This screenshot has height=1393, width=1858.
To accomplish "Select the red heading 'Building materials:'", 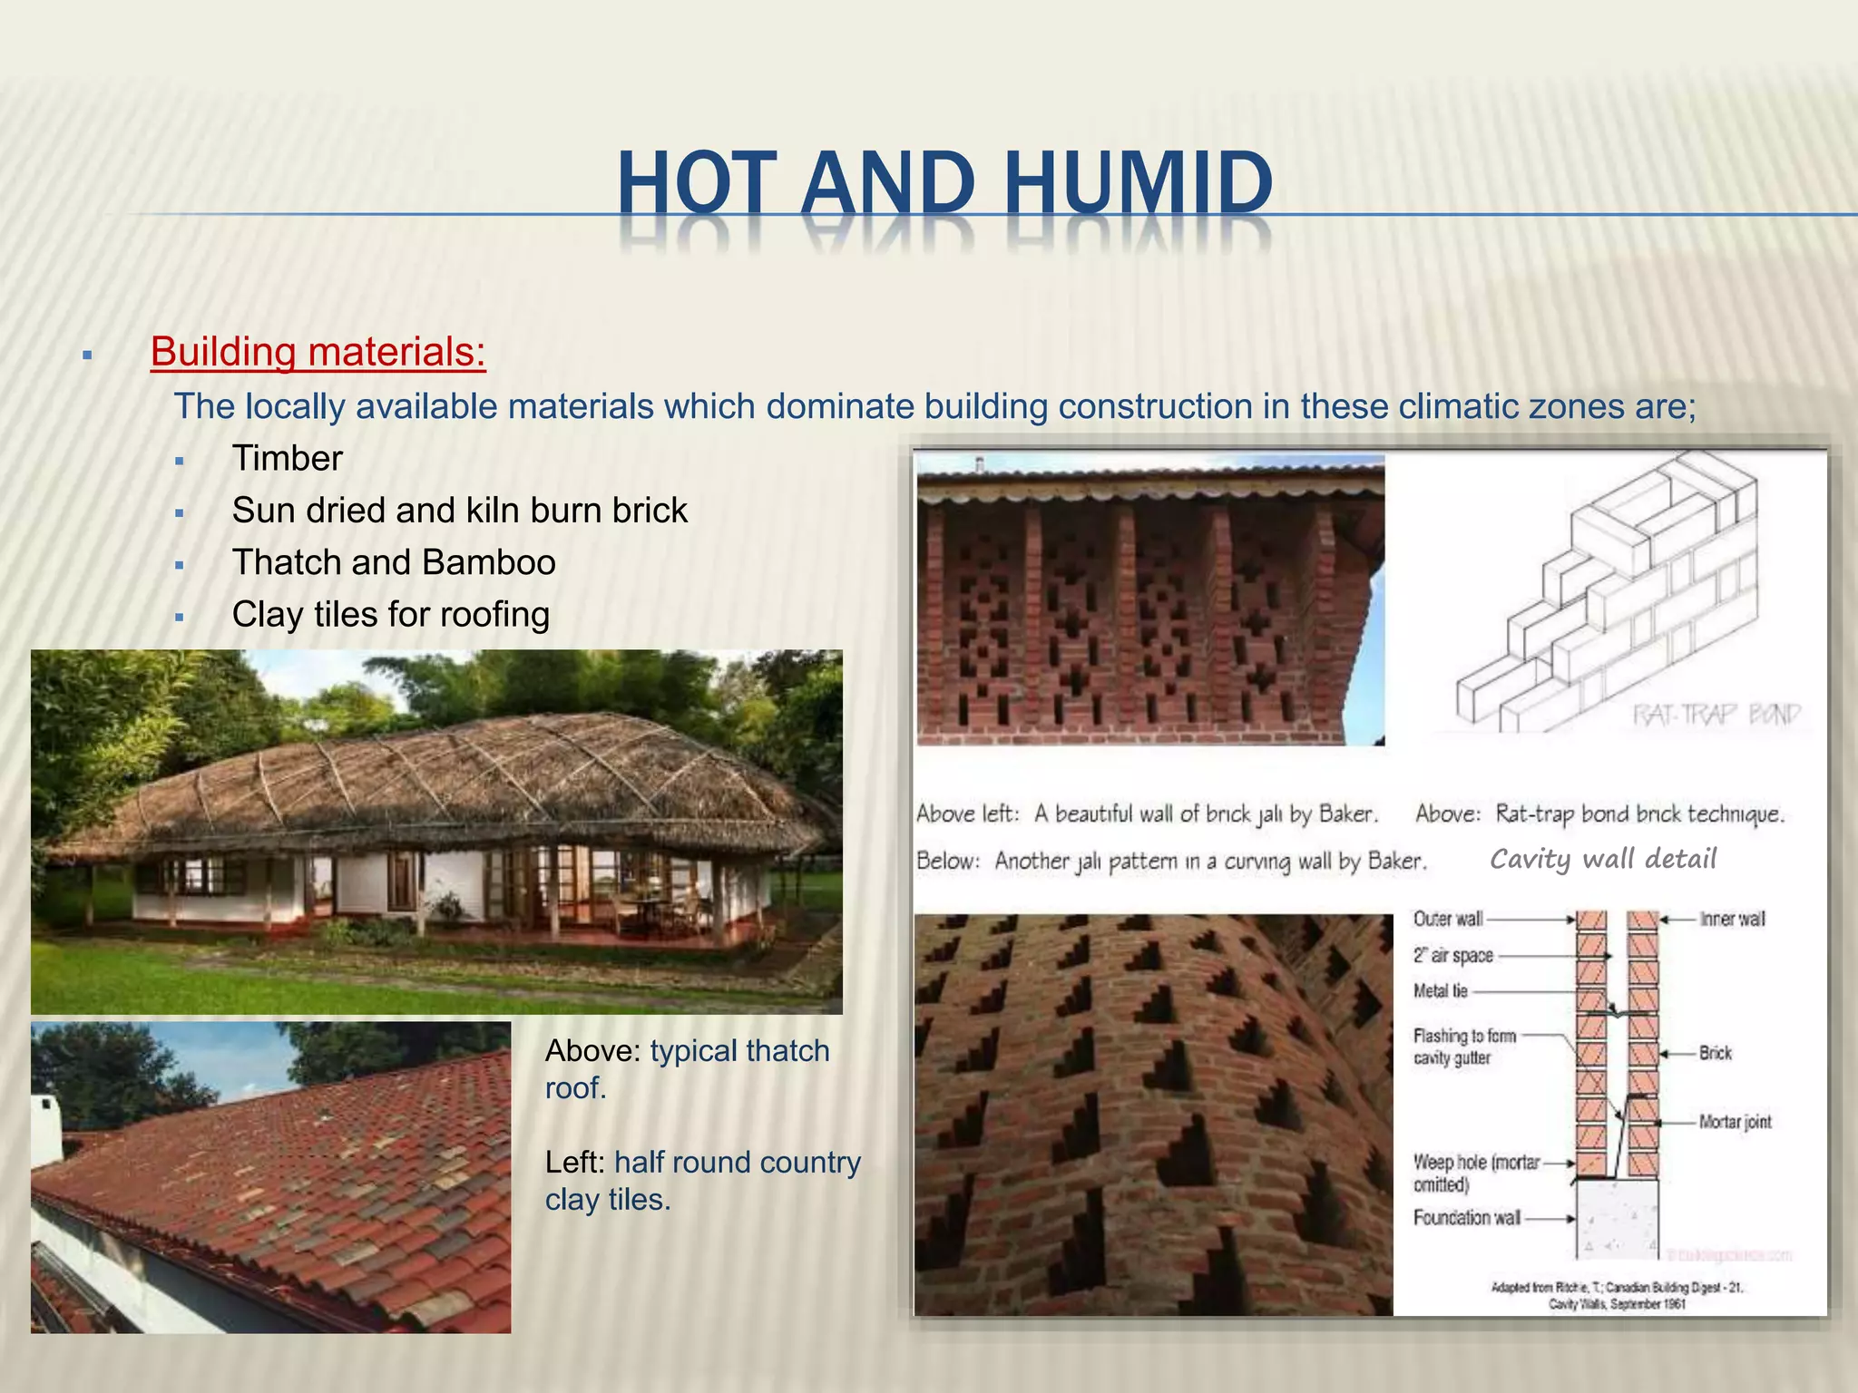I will [x=318, y=352].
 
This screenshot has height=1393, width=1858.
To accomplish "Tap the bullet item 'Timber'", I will [x=287, y=458].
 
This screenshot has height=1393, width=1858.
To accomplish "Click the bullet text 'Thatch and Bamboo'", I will [x=393, y=562].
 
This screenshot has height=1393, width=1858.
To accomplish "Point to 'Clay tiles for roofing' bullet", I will [x=390, y=615].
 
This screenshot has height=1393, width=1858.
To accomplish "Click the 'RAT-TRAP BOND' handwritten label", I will [x=1716, y=715].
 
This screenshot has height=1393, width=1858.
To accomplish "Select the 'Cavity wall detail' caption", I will [x=1603, y=858].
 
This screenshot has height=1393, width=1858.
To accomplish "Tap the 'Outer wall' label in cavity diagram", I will [x=1447, y=919].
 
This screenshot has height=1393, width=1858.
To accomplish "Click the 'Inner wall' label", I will [x=1732, y=919].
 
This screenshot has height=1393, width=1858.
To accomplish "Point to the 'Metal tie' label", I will [x=1440, y=991].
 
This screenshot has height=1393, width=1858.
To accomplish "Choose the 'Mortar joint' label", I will [x=1735, y=1122].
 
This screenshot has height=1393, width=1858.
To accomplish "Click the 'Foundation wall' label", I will [x=1466, y=1218].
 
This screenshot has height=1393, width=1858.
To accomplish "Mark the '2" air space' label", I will [x=1452, y=955].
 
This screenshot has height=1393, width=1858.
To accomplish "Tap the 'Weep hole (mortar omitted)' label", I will [x=1475, y=1173].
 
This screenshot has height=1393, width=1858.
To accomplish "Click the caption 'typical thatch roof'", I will [x=687, y=1068].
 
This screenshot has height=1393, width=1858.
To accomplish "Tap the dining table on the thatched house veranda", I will [x=650, y=903].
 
